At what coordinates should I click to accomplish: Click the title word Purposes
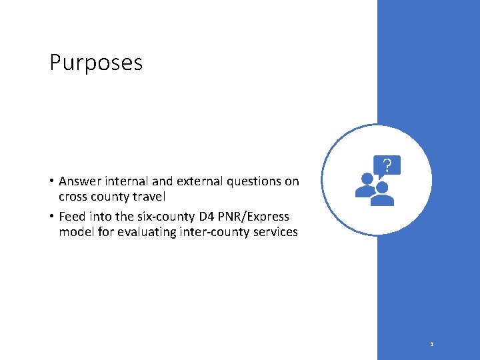click(x=96, y=63)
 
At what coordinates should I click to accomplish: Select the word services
click(x=275, y=232)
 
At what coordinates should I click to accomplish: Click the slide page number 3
click(x=432, y=345)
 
